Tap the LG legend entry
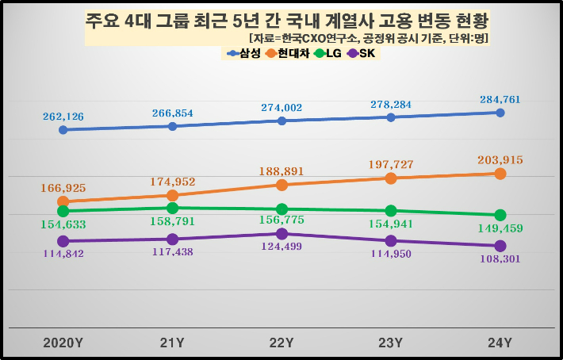[328, 54]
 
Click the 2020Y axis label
[63, 343]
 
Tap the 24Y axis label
[500, 343]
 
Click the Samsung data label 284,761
[500, 100]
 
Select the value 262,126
[63, 117]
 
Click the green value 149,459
[501, 229]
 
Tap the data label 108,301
[500, 259]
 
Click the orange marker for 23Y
[391, 178]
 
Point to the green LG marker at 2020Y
[63, 211]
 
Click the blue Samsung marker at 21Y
[172, 126]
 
